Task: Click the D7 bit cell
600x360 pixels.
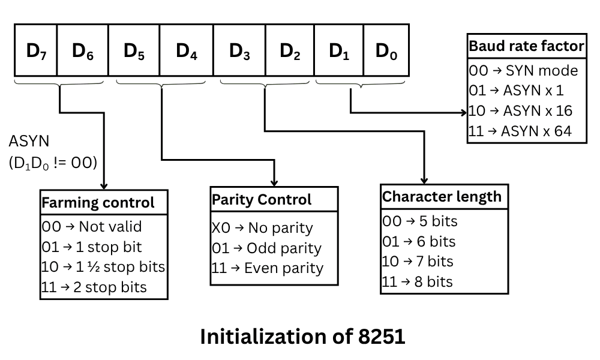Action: coord(36,51)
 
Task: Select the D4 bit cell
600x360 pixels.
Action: coord(186,51)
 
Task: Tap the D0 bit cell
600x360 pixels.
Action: coord(386,51)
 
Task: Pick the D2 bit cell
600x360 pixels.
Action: coord(290,51)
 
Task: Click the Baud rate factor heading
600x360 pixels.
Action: coord(526,46)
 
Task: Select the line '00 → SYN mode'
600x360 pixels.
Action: coord(523,71)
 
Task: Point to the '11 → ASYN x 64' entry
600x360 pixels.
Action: coord(520,131)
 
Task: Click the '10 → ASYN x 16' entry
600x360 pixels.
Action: coord(520,111)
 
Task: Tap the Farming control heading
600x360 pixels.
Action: coord(98,203)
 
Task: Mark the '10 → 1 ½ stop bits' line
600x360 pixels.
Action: coord(103,266)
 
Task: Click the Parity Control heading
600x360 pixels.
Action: coord(262,199)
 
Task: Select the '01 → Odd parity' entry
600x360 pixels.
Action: coord(266,248)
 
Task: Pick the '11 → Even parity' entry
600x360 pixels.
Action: coord(267,268)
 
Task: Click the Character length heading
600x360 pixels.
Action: coord(442,197)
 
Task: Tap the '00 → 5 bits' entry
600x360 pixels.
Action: coord(419,221)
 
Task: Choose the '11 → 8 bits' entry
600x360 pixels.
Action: coord(418,281)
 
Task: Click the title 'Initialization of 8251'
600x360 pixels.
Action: coord(302,337)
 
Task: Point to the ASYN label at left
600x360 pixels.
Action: coord(29,142)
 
